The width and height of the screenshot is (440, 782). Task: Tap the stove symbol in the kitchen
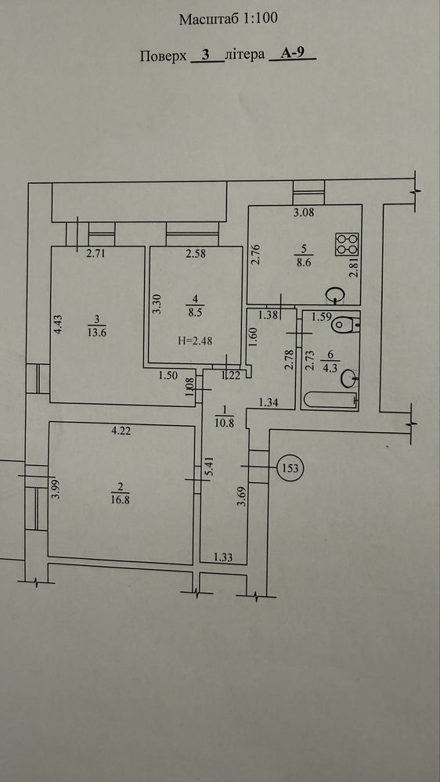pos(347,244)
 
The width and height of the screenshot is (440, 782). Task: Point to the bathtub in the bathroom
pos(330,400)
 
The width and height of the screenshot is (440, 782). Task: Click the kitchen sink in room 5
pos(335,295)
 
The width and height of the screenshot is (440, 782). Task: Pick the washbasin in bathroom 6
pos(349,380)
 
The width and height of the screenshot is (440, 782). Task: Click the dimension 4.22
pos(121,432)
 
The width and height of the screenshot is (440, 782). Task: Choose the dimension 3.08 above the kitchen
pos(304,214)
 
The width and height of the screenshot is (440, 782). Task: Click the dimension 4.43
pos(59,323)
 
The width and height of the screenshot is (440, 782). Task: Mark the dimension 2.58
pos(196,254)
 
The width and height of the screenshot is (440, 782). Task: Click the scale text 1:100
pos(259,20)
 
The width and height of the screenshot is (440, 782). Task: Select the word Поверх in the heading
pos(164,56)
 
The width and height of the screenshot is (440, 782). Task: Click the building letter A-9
pos(292,54)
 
